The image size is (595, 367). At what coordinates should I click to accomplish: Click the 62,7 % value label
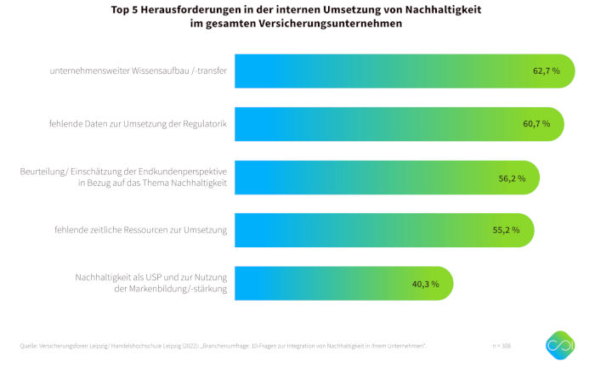click(x=546, y=71)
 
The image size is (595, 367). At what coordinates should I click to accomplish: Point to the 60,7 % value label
click(x=536, y=124)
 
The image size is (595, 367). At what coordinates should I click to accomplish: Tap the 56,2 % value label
click(x=512, y=178)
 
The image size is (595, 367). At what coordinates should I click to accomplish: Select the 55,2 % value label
click(x=507, y=230)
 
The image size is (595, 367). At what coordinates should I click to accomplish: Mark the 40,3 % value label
click(x=425, y=283)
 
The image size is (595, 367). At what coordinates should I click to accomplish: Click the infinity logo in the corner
click(x=559, y=345)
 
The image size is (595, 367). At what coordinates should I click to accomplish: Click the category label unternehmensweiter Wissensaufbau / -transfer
click(x=138, y=71)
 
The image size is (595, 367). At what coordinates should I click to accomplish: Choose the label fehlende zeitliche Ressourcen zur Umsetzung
click(x=146, y=230)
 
